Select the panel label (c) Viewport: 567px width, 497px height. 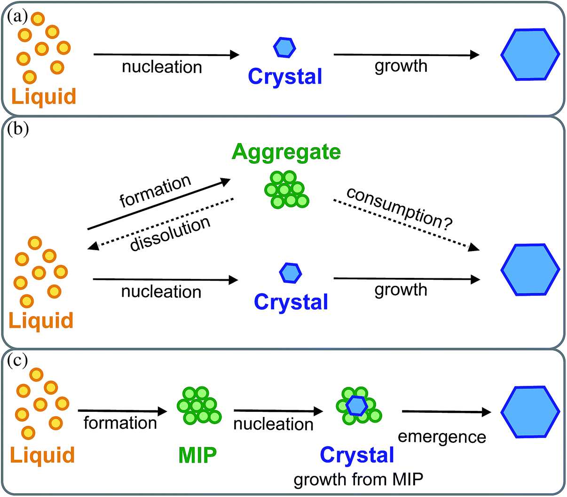coord(18,360)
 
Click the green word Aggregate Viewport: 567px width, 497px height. coord(286,152)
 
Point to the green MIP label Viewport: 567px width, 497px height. coord(197,455)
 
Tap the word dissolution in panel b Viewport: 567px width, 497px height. coord(170,234)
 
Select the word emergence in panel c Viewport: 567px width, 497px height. coord(441,437)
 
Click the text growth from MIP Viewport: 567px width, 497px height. coord(358,479)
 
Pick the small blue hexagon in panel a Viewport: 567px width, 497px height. coord(284,47)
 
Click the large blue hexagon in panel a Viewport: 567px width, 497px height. coord(530,55)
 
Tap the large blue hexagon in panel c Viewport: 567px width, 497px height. coord(530,412)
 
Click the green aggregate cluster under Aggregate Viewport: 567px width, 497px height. coord(286,189)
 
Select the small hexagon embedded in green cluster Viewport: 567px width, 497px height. coord(357,405)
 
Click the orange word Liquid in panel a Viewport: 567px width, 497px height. coord(44,96)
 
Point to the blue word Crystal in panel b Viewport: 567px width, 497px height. coord(291,302)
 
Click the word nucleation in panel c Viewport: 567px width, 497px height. coord(273,424)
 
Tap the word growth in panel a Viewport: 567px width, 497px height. coord(401,66)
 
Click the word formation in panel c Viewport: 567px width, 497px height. coord(120,423)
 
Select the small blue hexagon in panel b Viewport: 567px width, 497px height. coord(291,272)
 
